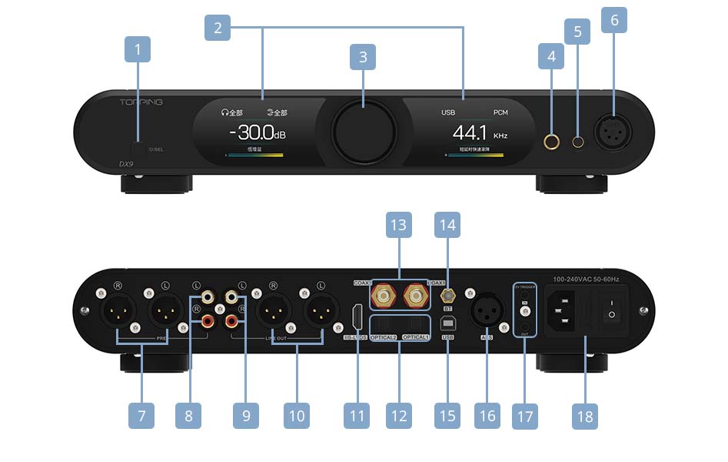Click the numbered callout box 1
pyautogui.click(x=138, y=51)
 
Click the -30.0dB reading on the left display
pyautogui.click(x=258, y=135)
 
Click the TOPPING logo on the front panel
pyautogui.click(x=141, y=102)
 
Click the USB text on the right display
pyautogui.click(x=448, y=112)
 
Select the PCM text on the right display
pyautogui.click(x=500, y=112)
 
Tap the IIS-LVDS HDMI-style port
pyautogui.click(x=356, y=317)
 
